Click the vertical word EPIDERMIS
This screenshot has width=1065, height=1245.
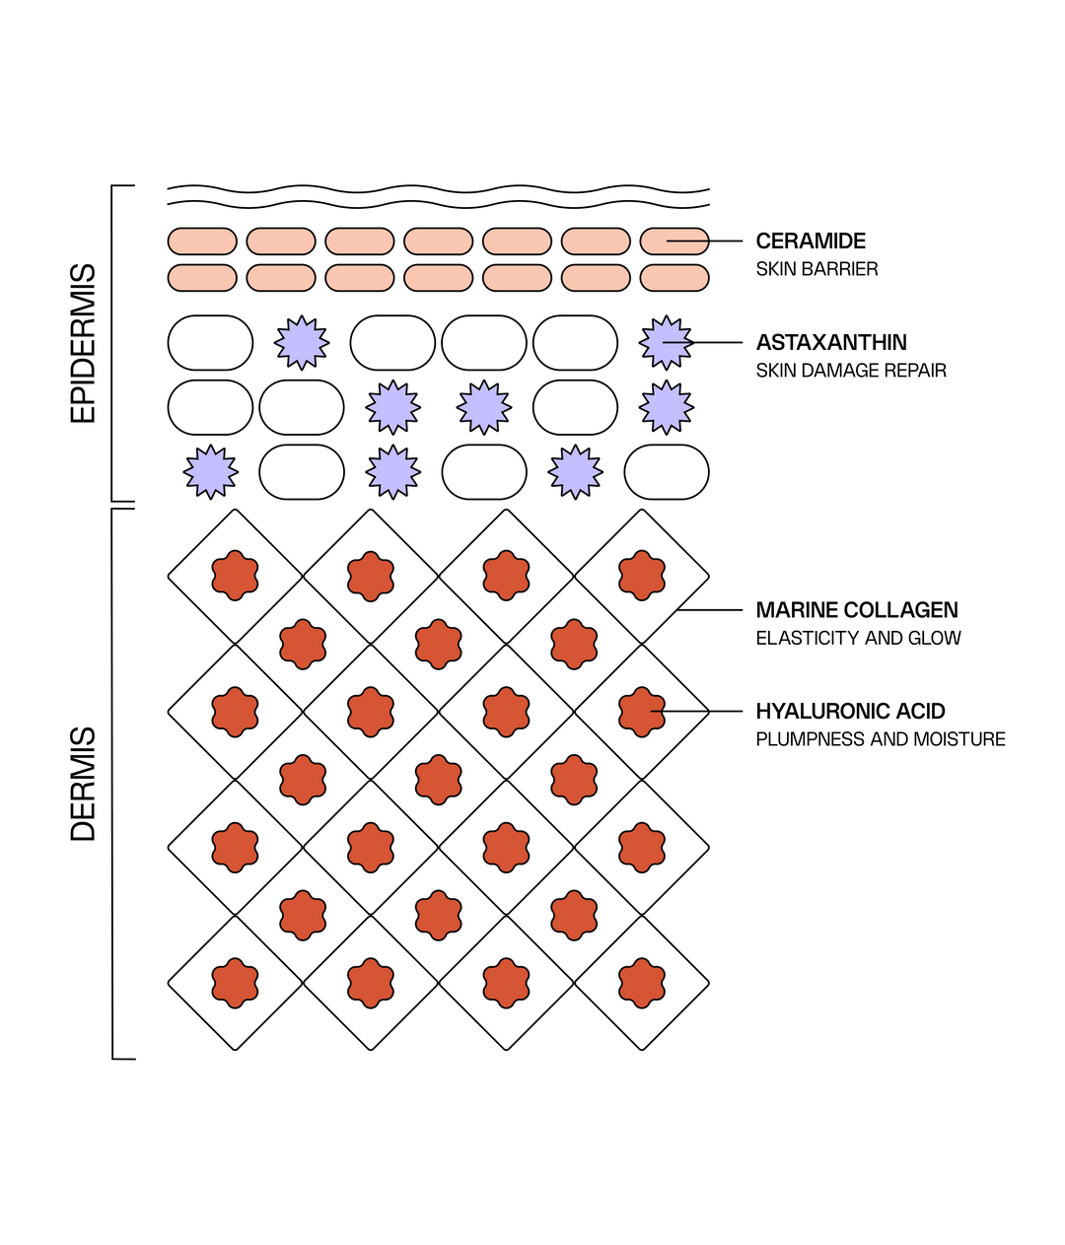(83, 343)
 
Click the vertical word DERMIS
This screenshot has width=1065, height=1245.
(83, 784)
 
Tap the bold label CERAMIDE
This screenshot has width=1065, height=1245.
(810, 241)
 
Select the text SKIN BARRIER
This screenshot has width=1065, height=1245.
(816, 269)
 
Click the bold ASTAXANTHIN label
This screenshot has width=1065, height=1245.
(831, 342)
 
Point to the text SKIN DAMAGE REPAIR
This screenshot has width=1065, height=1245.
(851, 371)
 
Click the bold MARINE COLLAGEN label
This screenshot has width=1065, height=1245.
(857, 609)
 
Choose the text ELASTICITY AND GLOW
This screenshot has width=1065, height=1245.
(858, 638)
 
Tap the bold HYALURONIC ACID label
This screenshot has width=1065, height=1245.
(850, 711)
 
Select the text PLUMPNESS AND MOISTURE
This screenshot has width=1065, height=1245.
(881, 739)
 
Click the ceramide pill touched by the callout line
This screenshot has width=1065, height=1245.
(674, 241)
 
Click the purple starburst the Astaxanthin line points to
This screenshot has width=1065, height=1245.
(666, 342)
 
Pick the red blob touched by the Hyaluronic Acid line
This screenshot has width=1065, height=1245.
(642, 712)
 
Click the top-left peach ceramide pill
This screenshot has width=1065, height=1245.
(202, 241)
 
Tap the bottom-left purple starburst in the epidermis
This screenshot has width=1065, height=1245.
(210, 471)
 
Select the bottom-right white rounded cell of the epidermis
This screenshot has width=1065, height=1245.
(666, 471)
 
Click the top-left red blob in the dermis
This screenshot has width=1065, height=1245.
(235, 576)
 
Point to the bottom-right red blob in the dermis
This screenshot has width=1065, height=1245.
(642, 983)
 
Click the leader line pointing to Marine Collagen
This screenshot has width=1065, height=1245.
(709, 609)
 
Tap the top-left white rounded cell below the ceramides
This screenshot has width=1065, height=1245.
(210, 342)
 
